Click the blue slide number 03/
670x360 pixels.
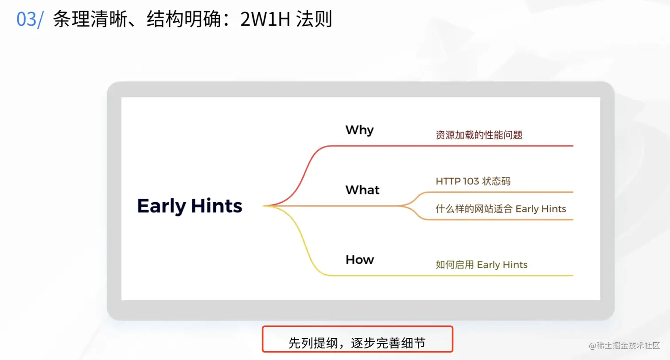tap(30, 20)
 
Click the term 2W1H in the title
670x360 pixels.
tap(265, 19)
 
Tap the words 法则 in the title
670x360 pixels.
tap(314, 19)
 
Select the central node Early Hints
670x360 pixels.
tap(190, 206)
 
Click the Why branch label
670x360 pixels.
tap(359, 130)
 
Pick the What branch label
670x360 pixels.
tap(362, 190)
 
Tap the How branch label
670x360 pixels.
tap(359, 259)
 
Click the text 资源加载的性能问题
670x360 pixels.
tap(479, 135)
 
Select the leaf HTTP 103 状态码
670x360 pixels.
tap(473, 181)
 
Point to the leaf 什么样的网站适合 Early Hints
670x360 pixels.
tap(501, 208)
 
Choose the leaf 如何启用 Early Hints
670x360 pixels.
tap(481, 265)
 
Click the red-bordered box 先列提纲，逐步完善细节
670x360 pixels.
tap(358, 339)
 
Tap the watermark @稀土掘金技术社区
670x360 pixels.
tap(624, 346)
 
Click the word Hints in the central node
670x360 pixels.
tap(217, 206)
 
